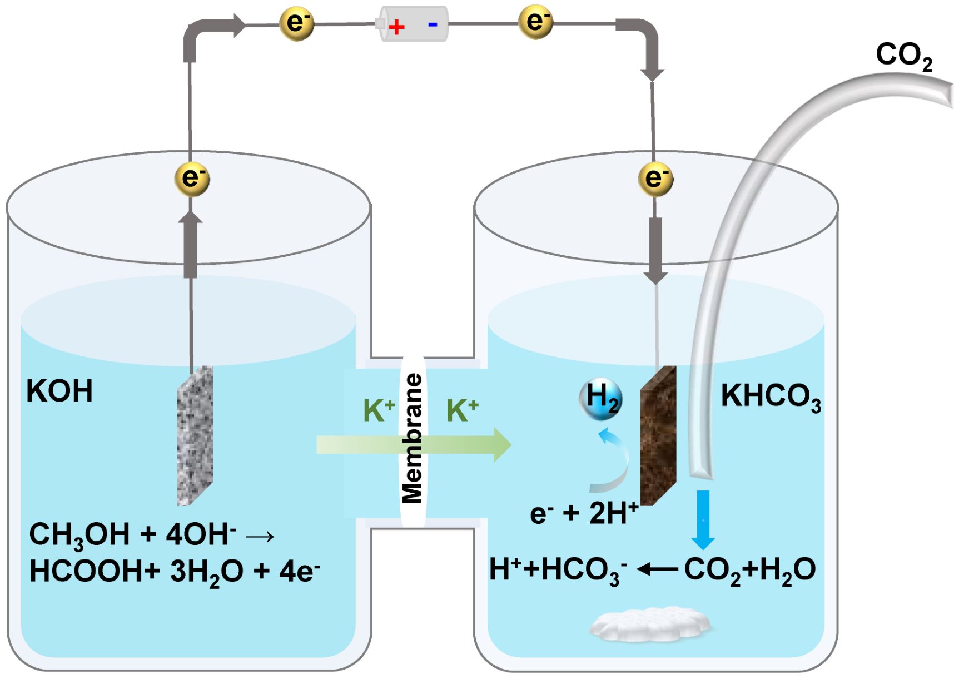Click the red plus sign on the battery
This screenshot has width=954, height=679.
(396, 27)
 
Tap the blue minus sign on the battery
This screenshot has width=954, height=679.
(433, 25)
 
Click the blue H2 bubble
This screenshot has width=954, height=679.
(600, 399)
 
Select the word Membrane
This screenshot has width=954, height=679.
(412, 438)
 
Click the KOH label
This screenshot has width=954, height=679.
(59, 391)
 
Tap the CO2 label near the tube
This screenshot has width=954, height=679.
(904, 57)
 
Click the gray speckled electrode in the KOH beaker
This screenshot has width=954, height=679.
(195, 436)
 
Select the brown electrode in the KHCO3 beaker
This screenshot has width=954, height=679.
(658, 435)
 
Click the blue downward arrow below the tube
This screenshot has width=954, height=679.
(703, 519)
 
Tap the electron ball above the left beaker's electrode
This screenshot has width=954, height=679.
(192, 179)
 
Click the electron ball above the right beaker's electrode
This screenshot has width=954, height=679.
(656, 179)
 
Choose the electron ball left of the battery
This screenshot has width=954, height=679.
(297, 23)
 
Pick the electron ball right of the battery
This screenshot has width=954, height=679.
(536, 22)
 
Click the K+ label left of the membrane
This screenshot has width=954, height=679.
(379, 410)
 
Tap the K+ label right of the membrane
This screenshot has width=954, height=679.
(462, 410)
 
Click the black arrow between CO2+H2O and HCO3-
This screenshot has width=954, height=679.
(657, 569)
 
